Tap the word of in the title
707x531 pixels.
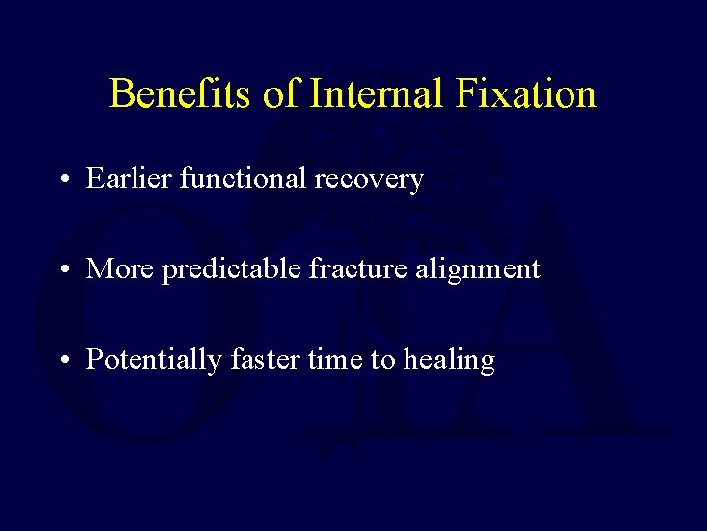[x=281, y=94]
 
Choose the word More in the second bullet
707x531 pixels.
[x=119, y=269]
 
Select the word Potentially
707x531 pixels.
[x=154, y=361]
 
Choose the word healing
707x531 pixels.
[x=448, y=362]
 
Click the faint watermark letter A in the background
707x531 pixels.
[x=570, y=324]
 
